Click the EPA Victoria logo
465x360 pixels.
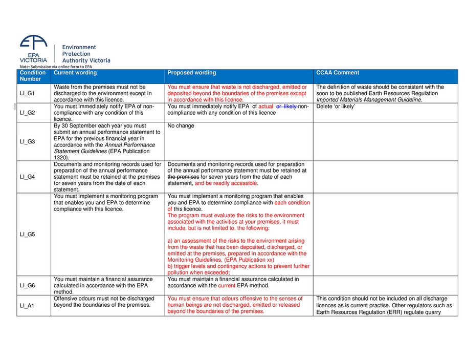point(34,49)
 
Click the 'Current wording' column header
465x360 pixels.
point(75,73)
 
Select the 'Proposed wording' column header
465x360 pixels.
point(191,73)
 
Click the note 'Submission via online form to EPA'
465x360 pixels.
point(55,67)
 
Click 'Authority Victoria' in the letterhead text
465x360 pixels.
point(86,60)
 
